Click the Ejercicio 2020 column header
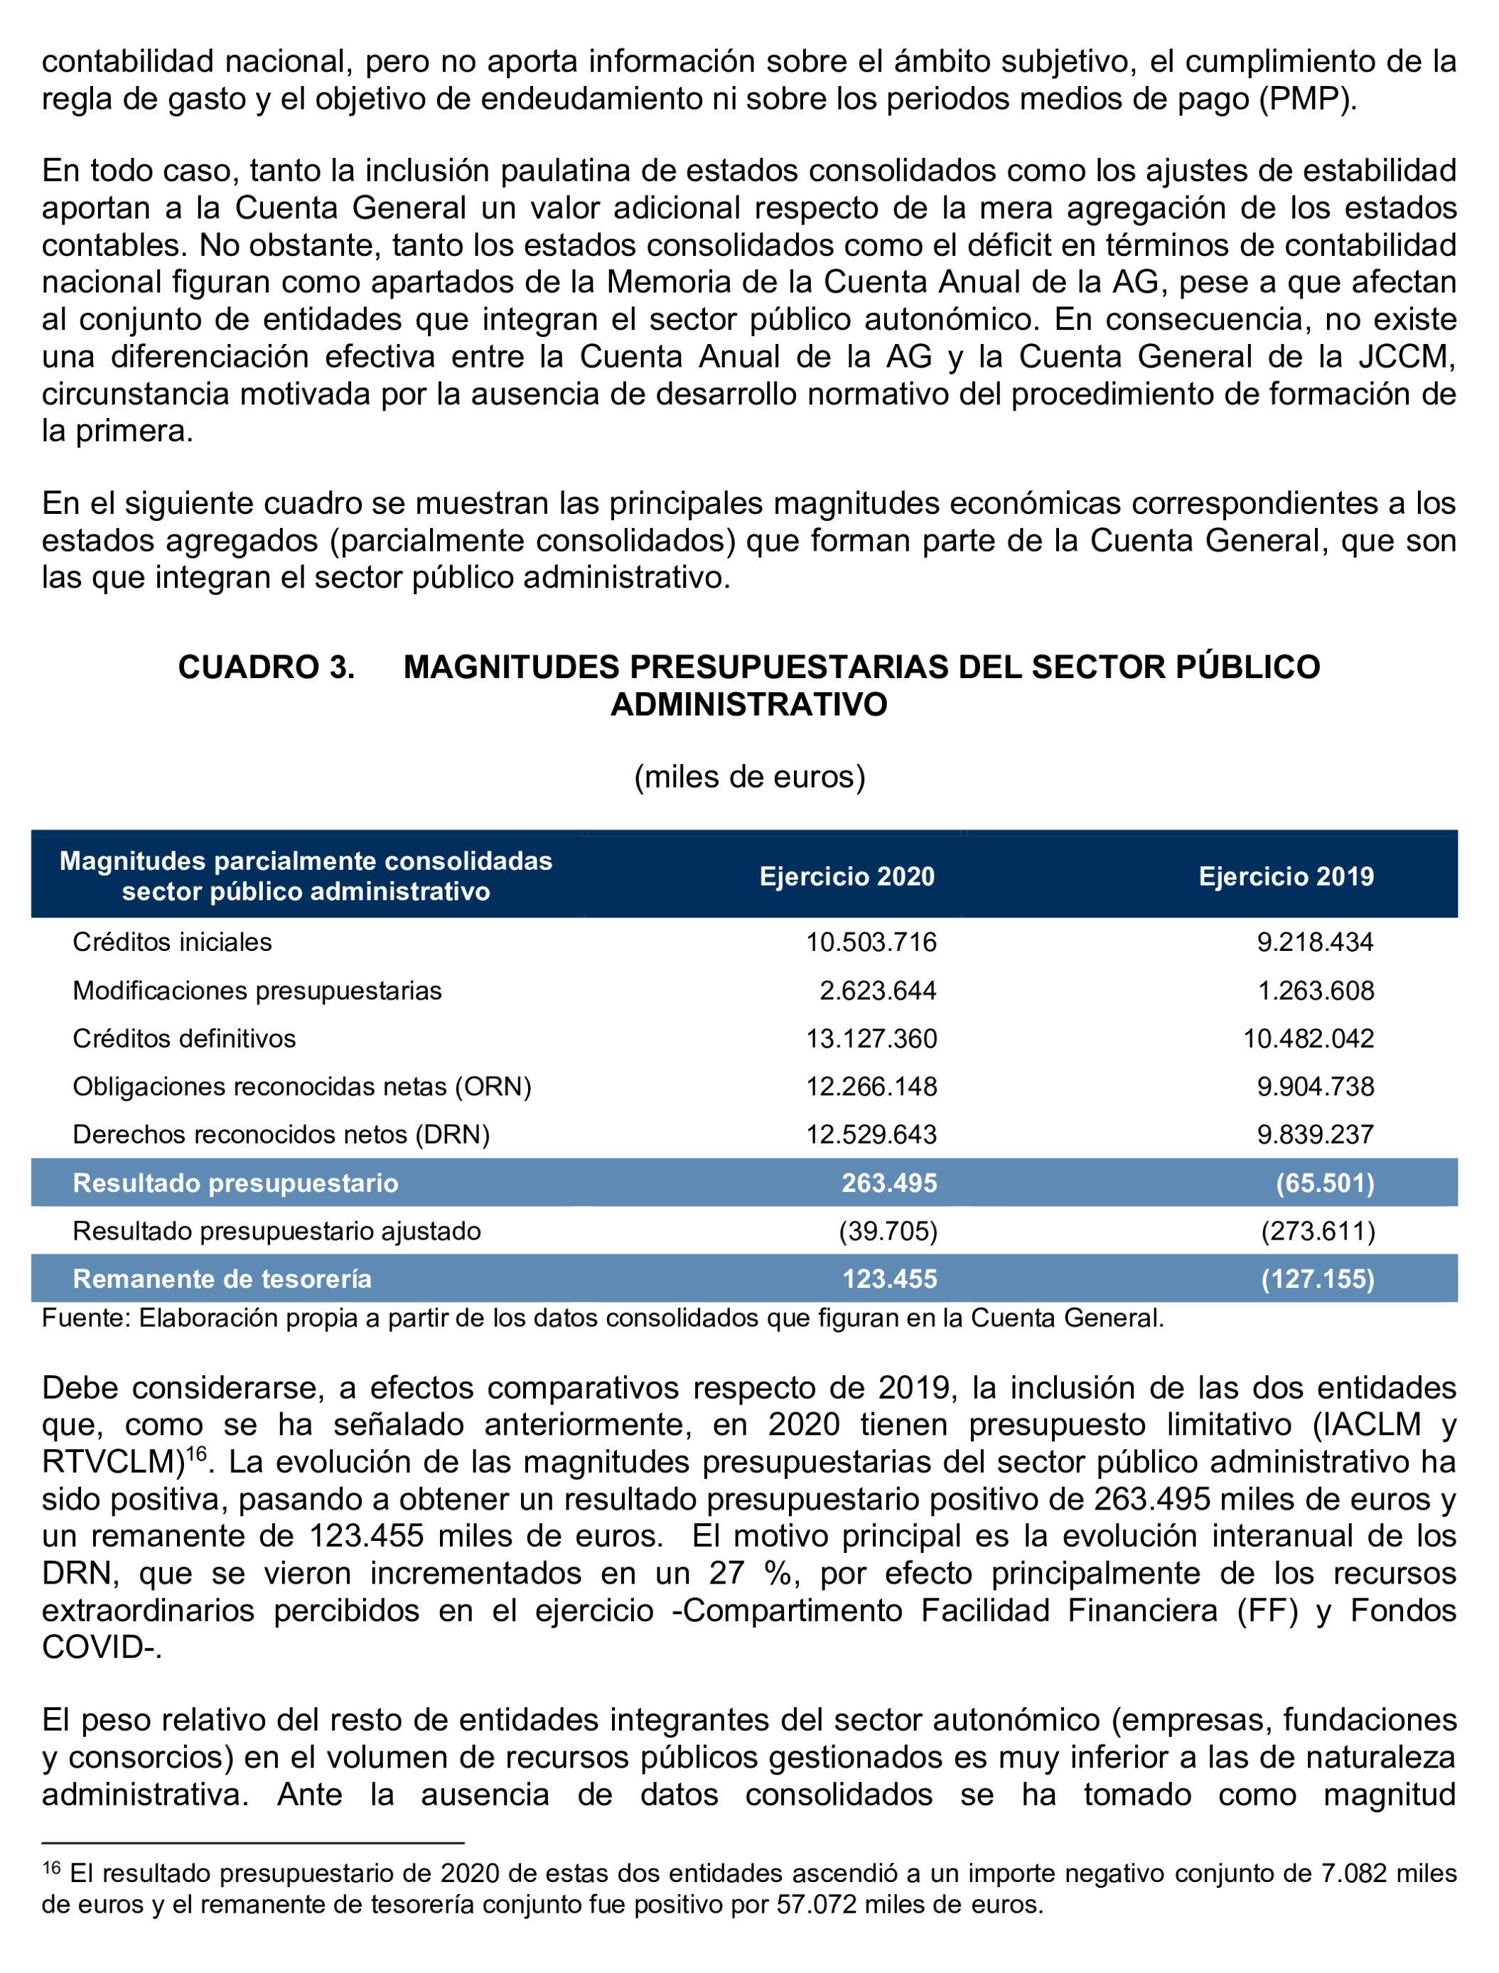point(847,876)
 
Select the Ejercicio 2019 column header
point(1285,876)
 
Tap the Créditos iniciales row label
point(172,942)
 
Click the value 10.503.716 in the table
point(871,942)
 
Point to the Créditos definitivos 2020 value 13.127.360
point(871,1038)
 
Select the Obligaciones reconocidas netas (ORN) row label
point(301,1087)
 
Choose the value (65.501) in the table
point(1324,1183)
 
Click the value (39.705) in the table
point(888,1232)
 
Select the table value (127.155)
point(1317,1279)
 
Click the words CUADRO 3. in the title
point(266,667)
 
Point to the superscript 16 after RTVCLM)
point(195,1453)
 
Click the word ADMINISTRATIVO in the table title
point(748,705)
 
